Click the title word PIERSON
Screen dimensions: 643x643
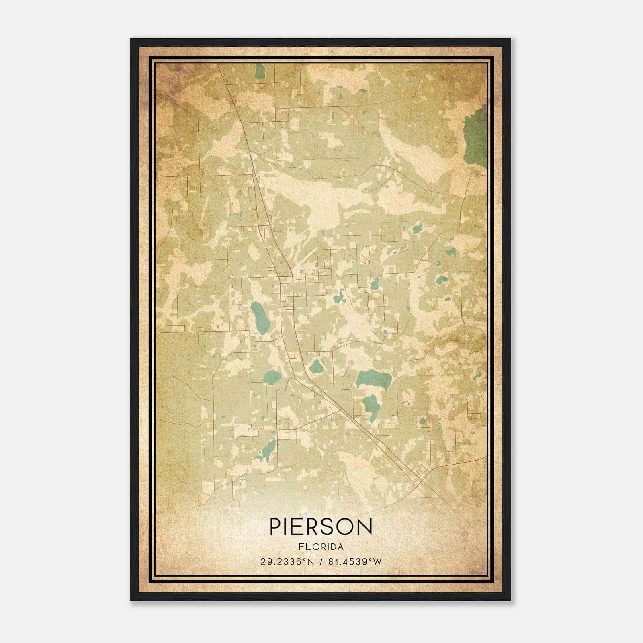321,526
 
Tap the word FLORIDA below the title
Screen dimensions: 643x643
321,547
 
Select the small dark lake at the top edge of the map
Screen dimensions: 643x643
260,72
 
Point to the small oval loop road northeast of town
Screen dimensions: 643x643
365,255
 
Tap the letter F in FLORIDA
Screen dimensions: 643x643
301,547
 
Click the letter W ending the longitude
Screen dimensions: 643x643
377,562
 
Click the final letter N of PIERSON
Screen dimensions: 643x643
365,526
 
